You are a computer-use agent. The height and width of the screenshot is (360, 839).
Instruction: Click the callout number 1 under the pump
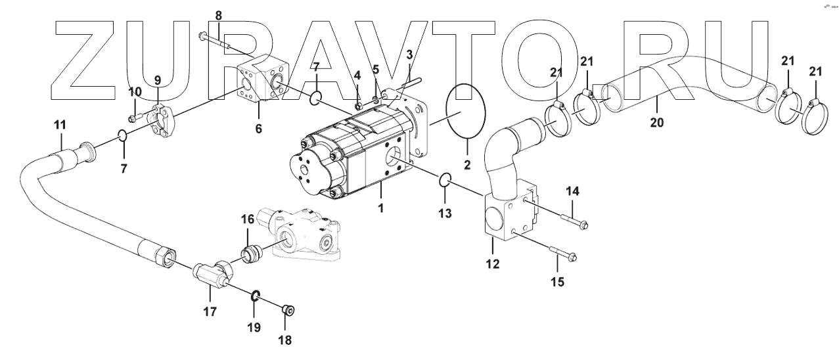coord(380,208)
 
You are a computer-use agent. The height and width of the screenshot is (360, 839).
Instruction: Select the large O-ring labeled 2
coord(465,114)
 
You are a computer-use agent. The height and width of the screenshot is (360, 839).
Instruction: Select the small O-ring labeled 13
coord(444,179)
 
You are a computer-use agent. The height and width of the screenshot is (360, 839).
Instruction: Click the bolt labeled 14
coord(574,222)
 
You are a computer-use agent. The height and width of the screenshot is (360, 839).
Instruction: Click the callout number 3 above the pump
coord(409,55)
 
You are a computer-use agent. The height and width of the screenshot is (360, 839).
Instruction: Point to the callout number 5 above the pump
coord(376,69)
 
